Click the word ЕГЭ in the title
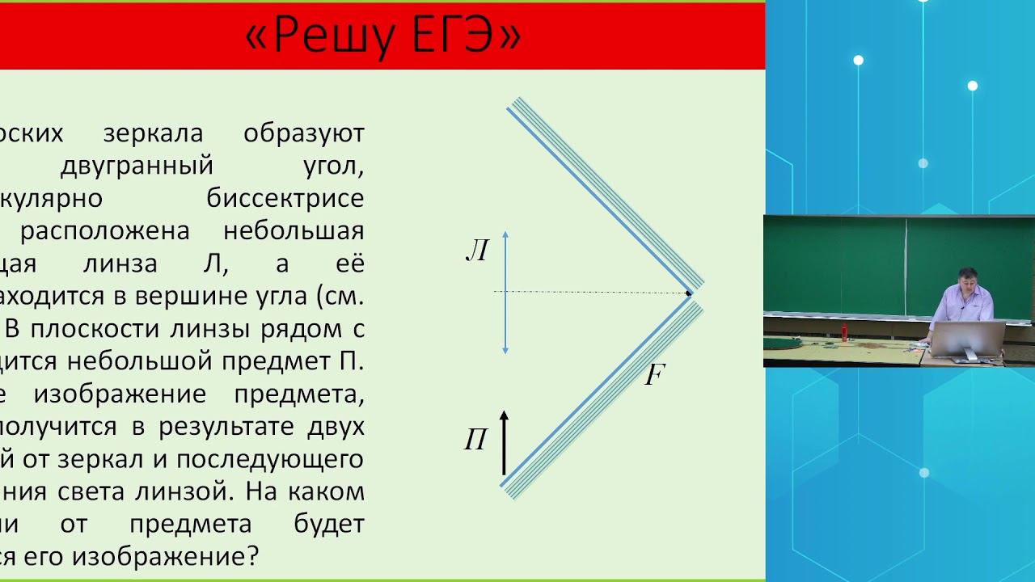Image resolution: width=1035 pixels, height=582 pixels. click(x=457, y=36)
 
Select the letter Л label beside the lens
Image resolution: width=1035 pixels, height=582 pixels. click(x=477, y=252)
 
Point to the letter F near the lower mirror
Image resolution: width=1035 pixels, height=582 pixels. click(x=654, y=375)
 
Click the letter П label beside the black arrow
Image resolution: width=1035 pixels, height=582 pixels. click(x=475, y=441)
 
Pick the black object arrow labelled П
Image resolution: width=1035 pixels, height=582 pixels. click(x=504, y=443)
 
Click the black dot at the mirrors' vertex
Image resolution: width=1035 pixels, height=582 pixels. click(x=689, y=293)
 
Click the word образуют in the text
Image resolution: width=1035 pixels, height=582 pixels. click(x=304, y=133)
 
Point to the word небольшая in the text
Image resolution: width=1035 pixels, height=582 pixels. click(x=294, y=231)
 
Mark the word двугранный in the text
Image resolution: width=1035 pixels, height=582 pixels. click(x=137, y=166)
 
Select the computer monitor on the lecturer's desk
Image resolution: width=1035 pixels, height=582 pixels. click(x=968, y=339)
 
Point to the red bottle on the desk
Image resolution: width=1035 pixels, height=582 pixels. click(x=845, y=332)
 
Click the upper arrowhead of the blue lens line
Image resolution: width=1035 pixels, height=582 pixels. click(x=505, y=234)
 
